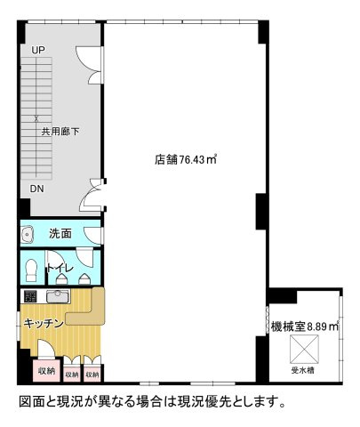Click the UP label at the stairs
point(38,50)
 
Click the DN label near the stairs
point(36,189)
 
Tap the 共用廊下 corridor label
point(60,131)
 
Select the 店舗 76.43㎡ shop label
point(186,160)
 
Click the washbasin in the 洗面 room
point(28,235)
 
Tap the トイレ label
point(60,268)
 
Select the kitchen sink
point(58,296)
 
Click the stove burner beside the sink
point(29,296)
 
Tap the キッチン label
point(42,323)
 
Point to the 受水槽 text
point(307,369)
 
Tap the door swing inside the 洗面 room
point(92,234)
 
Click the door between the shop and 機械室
point(268,319)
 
